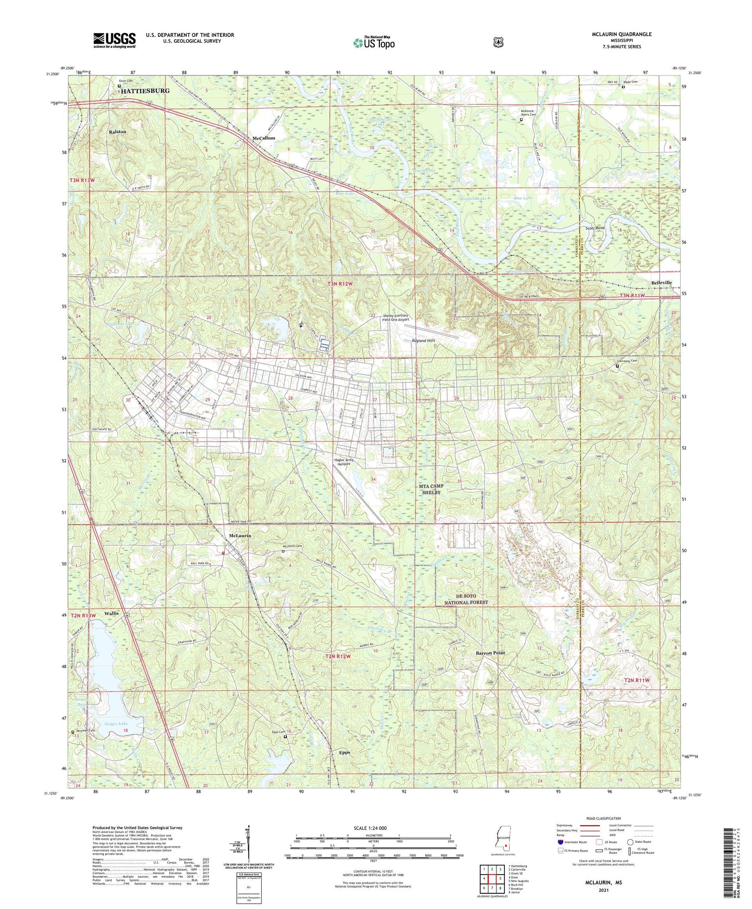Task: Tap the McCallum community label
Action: [x=263, y=138]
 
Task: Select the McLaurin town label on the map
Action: [x=240, y=536]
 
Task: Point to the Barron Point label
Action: [x=490, y=653]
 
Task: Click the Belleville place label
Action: [x=662, y=283]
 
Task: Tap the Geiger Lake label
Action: [x=116, y=724]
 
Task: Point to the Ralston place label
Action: [x=118, y=132]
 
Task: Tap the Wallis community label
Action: [x=111, y=613]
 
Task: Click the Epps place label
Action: [x=344, y=752]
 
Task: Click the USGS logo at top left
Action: [x=114, y=40]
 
